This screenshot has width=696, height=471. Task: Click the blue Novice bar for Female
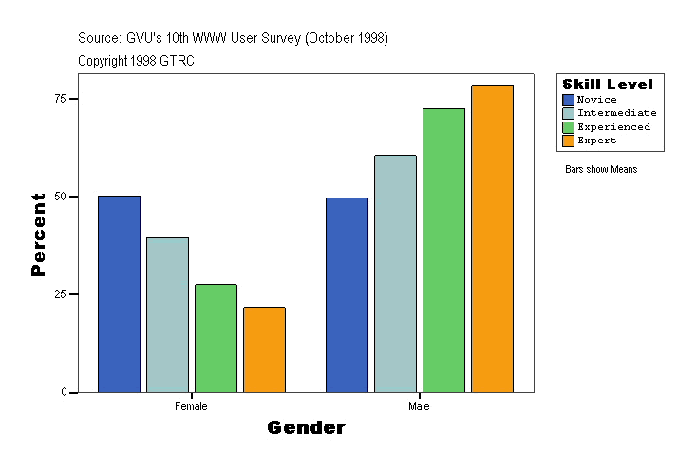119,294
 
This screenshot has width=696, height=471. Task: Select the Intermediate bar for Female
167,315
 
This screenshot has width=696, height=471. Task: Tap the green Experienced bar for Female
216,338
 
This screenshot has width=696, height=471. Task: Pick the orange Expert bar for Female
264,349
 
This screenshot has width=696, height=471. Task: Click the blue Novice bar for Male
347,295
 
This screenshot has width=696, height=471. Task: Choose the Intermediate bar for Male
395,273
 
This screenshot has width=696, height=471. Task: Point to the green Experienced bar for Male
443,251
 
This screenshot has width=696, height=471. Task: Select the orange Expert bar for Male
492,239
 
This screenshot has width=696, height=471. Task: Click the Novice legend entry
596,100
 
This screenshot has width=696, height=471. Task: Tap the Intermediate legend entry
616,113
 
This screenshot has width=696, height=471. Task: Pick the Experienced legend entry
613,126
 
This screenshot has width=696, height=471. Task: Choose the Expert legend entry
596,141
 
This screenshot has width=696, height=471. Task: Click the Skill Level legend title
608,85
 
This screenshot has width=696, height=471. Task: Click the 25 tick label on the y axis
59,294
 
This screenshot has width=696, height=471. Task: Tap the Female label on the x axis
191,406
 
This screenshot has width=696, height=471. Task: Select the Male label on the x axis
419,406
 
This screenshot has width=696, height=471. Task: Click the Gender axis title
306,428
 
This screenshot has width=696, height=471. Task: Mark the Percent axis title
38,235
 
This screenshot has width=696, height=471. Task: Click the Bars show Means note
601,170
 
